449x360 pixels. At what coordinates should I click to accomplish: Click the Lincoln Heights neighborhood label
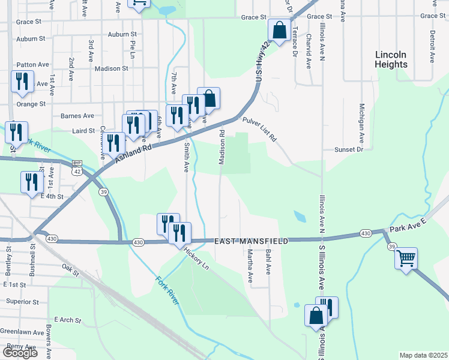pyautogui.click(x=391, y=59)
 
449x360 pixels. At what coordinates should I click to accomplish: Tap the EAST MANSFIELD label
pyautogui.click(x=252, y=241)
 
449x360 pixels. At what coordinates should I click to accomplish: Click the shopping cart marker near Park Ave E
pyautogui.click(x=406, y=259)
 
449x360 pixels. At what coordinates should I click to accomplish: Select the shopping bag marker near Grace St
pyautogui.click(x=280, y=30)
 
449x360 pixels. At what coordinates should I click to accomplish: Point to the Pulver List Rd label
pyautogui.click(x=259, y=129)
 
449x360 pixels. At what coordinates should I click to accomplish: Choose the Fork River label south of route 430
pyautogui.click(x=167, y=290)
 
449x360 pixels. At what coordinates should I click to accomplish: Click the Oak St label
pyautogui.click(x=70, y=269)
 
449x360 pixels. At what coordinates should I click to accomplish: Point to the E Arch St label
pyautogui.click(x=67, y=320)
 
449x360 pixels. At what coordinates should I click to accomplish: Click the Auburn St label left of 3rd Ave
pyautogui.click(x=31, y=40)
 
